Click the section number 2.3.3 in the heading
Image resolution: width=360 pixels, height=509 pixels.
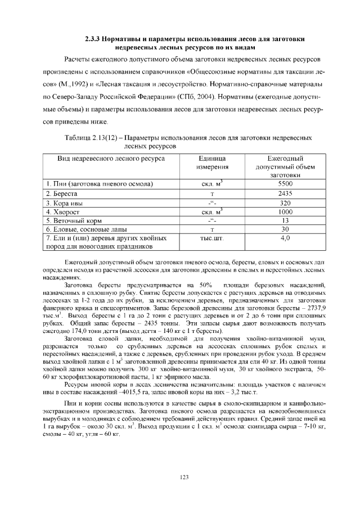(93, 39)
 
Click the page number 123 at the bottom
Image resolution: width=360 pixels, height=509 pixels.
(183, 478)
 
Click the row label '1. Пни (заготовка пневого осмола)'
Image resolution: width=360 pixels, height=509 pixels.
(100, 184)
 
